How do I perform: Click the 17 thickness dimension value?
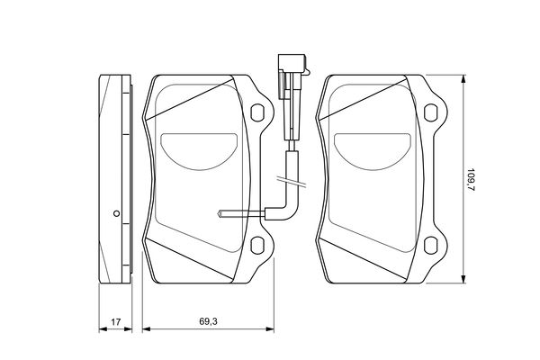(x=116, y=322)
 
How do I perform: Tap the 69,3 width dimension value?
(x=209, y=321)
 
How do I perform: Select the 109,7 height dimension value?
(x=471, y=179)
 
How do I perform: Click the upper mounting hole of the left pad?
(x=257, y=112)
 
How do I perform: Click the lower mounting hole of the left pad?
(x=257, y=246)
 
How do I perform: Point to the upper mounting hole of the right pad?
(x=430, y=112)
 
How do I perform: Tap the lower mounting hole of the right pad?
(x=430, y=246)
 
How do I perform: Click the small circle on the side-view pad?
(x=116, y=213)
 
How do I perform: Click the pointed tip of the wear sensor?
(x=219, y=214)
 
